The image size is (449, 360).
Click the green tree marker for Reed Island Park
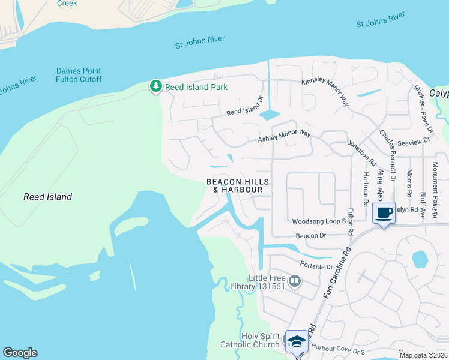156,87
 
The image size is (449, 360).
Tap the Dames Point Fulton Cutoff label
79,75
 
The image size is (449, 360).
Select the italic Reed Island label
47,197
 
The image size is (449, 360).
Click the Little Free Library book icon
295,281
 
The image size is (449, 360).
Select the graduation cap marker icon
296,341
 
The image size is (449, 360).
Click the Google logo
20,353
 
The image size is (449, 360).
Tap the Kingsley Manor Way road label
325,92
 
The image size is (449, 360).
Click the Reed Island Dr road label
245,106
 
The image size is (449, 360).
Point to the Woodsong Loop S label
319,221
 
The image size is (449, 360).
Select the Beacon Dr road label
311,236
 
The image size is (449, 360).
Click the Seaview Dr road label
414,142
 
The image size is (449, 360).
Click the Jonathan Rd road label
361,153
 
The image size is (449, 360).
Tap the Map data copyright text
423,355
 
